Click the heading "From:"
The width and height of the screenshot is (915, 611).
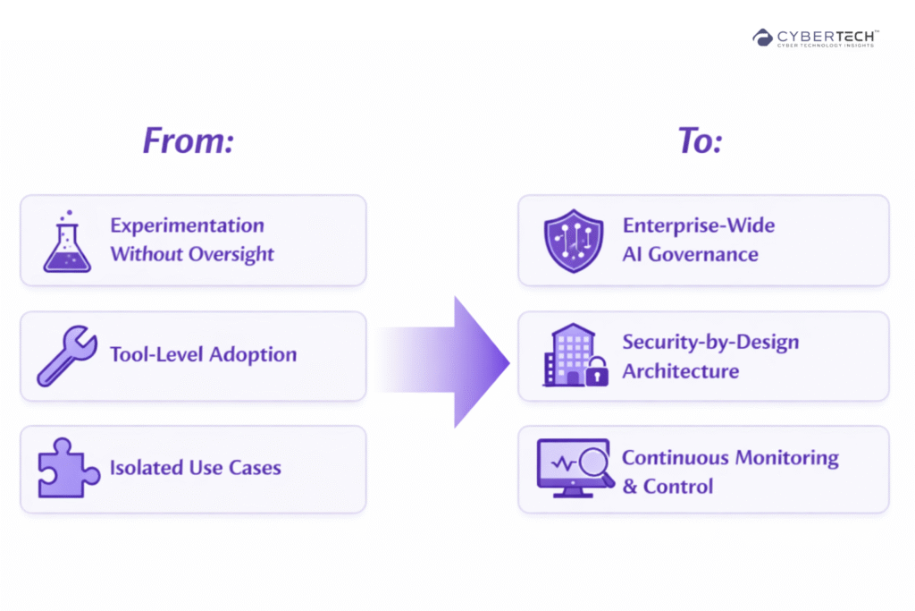coord(188,141)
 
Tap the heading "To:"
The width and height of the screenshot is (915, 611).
coord(700,141)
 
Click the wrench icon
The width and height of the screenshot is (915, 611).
coord(67,355)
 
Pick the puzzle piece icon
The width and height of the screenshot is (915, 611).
coord(67,468)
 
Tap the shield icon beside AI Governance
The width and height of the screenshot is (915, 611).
coord(573,241)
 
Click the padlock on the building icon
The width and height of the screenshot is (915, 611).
coord(596,373)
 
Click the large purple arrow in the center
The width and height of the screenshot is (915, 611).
coord(456,361)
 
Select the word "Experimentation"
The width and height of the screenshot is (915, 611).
coord(187,225)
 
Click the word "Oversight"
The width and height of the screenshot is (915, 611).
coord(231,254)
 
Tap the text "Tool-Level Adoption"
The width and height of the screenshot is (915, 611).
coord(203,355)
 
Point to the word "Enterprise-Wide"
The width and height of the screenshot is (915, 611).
coord(699,225)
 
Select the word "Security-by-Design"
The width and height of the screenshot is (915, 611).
coord(710,342)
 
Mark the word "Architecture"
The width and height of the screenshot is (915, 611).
coord(680,371)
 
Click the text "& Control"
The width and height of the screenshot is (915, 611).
coord(667,487)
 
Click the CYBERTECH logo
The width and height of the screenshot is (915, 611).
coord(815,38)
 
